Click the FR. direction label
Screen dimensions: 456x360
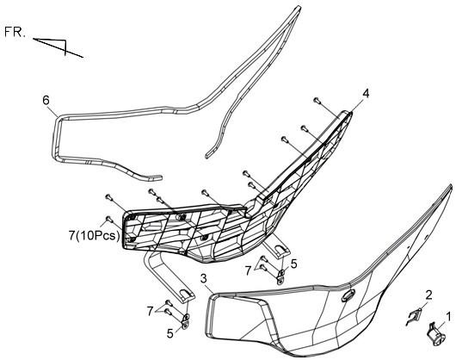[15, 32]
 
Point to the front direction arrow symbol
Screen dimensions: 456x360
[59, 47]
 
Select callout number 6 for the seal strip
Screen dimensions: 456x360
[46, 100]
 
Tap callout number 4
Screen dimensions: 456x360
[366, 94]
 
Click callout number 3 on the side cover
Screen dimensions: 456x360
[204, 278]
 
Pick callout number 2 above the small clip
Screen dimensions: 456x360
[428, 295]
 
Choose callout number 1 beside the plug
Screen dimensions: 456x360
[448, 316]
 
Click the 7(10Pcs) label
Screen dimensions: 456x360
[95, 236]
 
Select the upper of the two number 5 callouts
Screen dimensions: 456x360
[293, 264]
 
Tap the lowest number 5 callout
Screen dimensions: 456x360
[170, 333]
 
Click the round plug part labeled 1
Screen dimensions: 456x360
[436, 334]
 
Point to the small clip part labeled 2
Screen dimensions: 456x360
[414, 317]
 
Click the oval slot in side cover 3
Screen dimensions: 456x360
[348, 295]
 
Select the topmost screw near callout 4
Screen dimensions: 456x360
[317, 101]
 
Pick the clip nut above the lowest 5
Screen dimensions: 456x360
[186, 320]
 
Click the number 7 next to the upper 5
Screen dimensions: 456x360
[248, 271]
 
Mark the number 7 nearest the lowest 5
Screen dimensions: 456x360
[150, 312]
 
